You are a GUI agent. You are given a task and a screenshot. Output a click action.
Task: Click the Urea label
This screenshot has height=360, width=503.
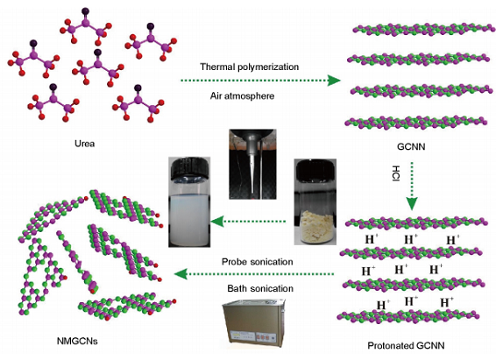(85, 144)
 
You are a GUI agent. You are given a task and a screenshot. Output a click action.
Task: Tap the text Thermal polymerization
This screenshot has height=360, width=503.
(249, 67)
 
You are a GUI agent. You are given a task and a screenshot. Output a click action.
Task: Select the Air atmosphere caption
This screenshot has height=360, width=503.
(242, 95)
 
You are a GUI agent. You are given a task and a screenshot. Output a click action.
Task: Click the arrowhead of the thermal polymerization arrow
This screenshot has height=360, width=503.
(334, 80)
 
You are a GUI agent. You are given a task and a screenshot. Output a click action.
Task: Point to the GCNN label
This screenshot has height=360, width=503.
(411, 146)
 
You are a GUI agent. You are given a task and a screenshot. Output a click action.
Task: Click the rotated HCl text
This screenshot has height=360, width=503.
(396, 173)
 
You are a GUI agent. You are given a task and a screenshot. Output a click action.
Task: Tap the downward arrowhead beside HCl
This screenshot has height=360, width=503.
(412, 204)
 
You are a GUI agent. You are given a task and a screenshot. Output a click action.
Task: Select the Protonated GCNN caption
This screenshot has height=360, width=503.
(406, 346)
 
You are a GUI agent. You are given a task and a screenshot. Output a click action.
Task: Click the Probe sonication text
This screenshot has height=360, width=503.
(258, 262)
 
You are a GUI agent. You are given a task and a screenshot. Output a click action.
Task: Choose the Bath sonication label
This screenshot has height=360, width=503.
(260, 288)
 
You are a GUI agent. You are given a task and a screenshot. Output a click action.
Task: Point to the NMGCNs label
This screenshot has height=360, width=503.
(77, 341)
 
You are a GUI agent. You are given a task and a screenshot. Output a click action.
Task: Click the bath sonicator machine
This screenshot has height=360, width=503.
(254, 322)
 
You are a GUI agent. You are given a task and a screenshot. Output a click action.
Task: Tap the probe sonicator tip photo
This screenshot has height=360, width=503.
(252, 164)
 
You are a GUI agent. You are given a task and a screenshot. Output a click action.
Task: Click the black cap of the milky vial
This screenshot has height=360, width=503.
(190, 168)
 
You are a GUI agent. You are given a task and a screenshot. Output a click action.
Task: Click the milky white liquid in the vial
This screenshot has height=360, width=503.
(189, 220)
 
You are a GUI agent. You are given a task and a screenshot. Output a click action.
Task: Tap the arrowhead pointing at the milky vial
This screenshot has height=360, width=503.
(217, 222)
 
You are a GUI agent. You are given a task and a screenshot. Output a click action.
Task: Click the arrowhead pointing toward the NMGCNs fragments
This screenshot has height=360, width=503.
(181, 274)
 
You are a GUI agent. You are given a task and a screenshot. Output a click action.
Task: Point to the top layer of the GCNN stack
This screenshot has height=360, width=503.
(424, 29)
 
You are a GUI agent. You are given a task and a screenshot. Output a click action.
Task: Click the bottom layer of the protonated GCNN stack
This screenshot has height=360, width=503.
(408, 316)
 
